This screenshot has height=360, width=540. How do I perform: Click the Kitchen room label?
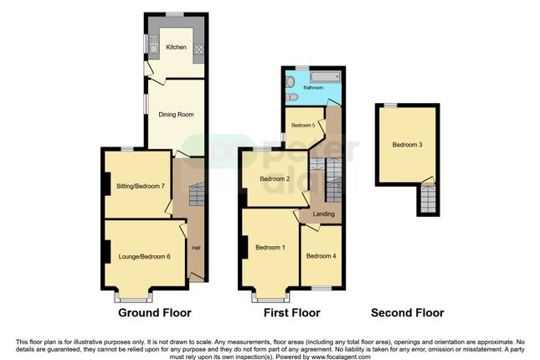tap(176, 47)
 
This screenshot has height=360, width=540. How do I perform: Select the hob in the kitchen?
tap(199, 49)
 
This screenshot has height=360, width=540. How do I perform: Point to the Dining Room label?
tap(176, 114)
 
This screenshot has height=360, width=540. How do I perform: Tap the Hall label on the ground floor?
tap(196, 248)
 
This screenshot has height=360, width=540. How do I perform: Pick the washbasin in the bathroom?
tap(290, 81)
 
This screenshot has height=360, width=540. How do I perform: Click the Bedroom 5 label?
tap(303, 125)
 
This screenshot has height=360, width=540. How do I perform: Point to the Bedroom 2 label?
tap(275, 179)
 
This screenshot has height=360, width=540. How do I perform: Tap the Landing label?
tap(323, 214)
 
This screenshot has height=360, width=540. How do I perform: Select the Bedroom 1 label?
tap(270, 247)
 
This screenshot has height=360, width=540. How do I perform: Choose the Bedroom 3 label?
tap(407, 145)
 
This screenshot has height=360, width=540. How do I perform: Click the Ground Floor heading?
tap(155, 313)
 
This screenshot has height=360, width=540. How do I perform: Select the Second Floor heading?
tap(407, 313)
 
